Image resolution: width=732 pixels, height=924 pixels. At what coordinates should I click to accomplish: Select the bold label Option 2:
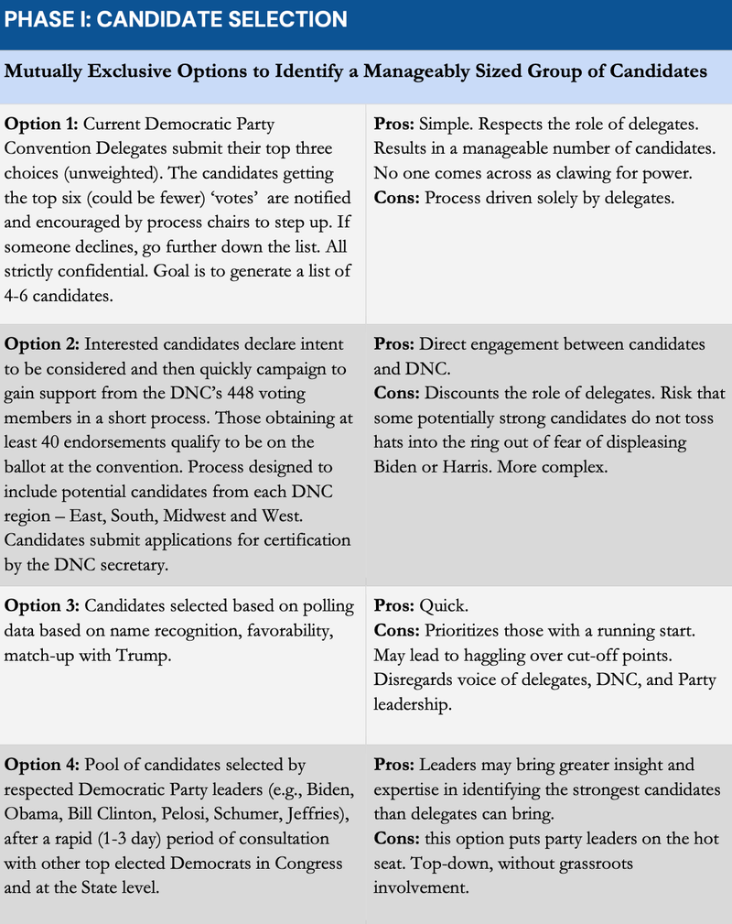(x=42, y=344)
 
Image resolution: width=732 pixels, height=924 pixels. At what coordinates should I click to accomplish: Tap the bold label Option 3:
(x=42, y=606)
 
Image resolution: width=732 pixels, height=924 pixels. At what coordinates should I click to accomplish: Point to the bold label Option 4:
(x=42, y=765)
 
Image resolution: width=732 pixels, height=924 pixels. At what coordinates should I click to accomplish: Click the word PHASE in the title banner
(x=35, y=19)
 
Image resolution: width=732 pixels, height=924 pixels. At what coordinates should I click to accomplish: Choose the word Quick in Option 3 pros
(x=440, y=606)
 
